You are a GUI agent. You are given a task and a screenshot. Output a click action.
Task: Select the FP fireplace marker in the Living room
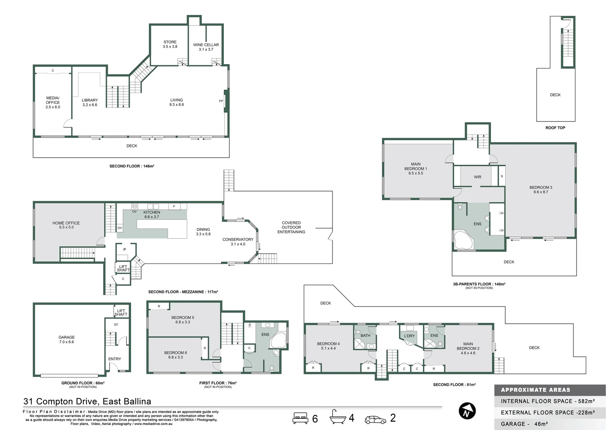click(221, 101)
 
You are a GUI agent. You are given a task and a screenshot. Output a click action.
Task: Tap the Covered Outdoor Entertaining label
click(291, 227)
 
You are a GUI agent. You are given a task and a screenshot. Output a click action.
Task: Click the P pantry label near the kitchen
click(125, 250)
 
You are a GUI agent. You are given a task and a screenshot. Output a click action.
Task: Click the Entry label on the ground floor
click(115, 359)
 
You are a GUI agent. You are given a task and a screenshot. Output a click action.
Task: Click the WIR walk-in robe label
click(477, 177)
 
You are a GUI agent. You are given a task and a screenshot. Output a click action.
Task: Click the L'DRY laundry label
click(409, 336)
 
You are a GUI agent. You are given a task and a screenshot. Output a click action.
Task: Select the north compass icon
click(467, 411)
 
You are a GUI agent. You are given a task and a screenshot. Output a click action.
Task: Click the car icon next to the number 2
click(375, 419)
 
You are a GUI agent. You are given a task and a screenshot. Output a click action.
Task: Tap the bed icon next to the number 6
click(300, 418)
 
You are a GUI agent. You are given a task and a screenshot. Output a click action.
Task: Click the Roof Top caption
click(555, 128)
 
